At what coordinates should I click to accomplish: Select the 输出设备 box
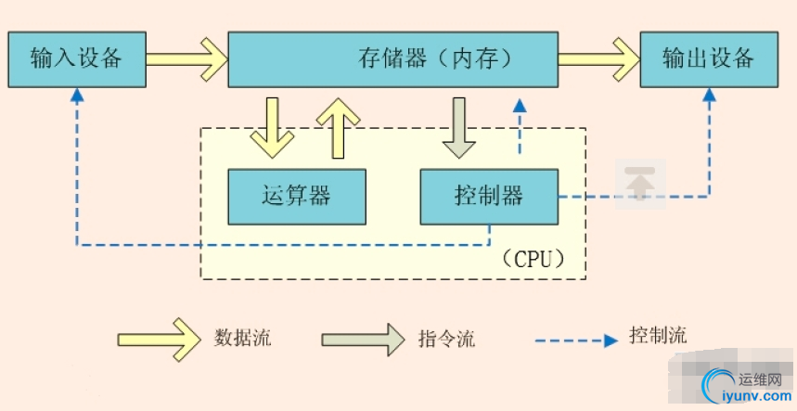(x=708, y=58)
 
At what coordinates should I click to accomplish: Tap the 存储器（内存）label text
(x=434, y=59)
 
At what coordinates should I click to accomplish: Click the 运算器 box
(x=297, y=196)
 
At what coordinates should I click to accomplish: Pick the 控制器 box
(x=489, y=196)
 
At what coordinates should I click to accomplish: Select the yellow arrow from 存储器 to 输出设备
(x=598, y=58)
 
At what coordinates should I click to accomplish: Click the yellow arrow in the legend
(x=159, y=338)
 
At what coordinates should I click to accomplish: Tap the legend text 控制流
(x=658, y=335)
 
